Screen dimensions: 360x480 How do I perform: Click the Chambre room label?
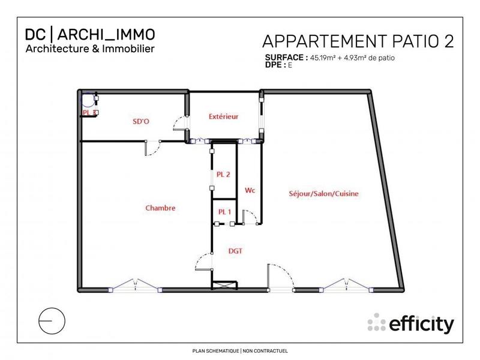pos(160,208)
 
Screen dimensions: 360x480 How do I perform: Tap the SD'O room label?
pos(141,121)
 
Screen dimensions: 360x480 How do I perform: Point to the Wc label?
pos(250,190)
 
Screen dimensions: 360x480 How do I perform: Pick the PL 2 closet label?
pos(224,175)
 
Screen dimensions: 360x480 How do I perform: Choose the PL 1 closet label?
pos(224,211)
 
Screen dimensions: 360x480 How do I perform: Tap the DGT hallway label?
pos(235,251)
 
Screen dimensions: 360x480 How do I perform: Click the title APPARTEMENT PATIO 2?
pos(358,41)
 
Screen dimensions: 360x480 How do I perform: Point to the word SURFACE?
pos(286,58)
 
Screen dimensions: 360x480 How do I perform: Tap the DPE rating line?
pos(278,65)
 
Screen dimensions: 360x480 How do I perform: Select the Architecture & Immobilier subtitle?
pos(89,48)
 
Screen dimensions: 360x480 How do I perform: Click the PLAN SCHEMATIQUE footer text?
pos(239,350)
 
